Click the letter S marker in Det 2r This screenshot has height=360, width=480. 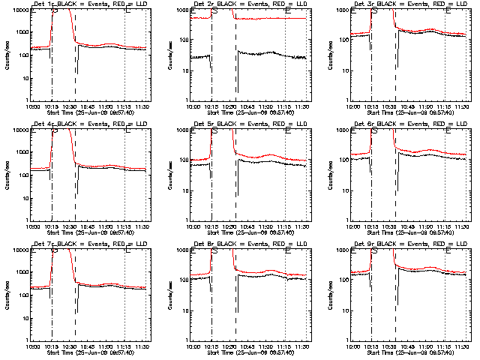tap(215, 11)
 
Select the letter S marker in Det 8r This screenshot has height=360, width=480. tap(215, 251)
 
